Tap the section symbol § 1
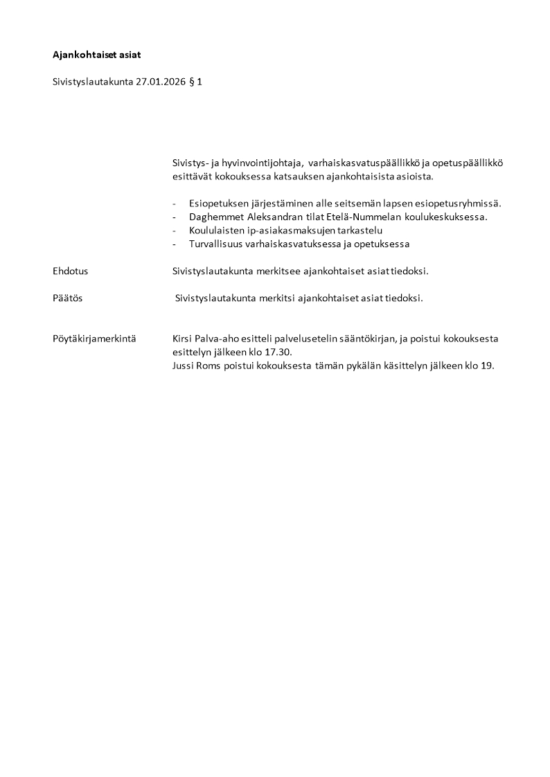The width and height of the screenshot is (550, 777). point(195,81)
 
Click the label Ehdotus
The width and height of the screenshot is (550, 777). point(70,271)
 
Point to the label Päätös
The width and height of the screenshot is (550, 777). point(67,298)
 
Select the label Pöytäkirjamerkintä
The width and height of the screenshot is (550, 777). point(94,339)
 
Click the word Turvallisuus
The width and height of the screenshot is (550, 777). point(215,244)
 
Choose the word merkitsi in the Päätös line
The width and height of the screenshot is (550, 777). point(275,298)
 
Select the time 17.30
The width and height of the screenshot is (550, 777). point(278,352)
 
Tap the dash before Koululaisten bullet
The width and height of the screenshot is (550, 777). point(175,230)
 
